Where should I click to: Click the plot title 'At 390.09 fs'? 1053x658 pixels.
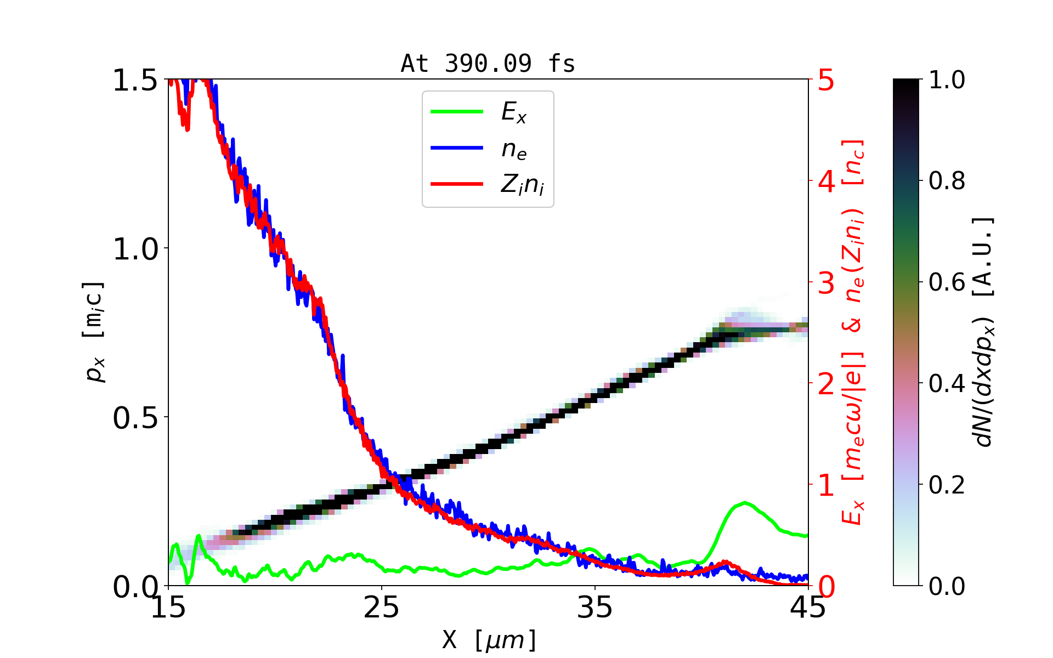[x=488, y=64]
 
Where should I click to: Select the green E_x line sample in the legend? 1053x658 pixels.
[x=457, y=112]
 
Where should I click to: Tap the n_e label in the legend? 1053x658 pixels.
[x=514, y=149]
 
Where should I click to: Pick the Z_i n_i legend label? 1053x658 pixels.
[x=522, y=185]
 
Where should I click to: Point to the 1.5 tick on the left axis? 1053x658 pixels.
[x=135, y=81]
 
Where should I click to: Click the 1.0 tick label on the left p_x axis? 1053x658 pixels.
[x=135, y=249]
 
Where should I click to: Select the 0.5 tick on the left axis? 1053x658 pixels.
[x=135, y=418]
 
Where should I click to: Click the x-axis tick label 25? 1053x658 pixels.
[x=382, y=608]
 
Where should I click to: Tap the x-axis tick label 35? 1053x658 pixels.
[x=595, y=608]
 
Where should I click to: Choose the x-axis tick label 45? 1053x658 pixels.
[x=808, y=608]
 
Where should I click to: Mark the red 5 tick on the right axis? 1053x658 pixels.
[x=826, y=81]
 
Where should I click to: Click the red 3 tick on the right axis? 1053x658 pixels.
[x=826, y=283]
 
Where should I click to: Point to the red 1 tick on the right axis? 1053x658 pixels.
[x=826, y=486]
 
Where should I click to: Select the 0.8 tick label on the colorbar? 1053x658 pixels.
[x=947, y=180]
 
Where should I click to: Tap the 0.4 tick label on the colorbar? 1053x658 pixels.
[x=947, y=383]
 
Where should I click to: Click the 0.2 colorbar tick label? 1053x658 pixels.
[x=947, y=485]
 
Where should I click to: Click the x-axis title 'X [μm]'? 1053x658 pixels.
[x=489, y=639]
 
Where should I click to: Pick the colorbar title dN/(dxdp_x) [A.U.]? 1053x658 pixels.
[x=984, y=332]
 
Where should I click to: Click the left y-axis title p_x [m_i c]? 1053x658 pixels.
[x=94, y=332]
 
